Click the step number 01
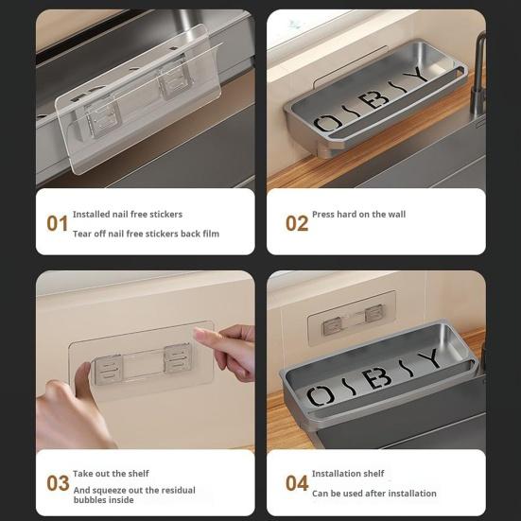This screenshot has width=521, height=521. tap(58, 224)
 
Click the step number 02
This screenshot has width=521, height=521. tap(297, 224)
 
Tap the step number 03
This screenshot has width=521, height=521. tap(58, 484)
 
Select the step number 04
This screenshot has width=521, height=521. tap(297, 484)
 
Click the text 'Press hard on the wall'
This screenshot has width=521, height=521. tap(358, 215)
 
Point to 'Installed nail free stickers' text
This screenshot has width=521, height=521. tap(128, 215)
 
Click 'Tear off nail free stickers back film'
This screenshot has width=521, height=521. tap(146, 234)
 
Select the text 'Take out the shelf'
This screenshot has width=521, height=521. tap(111, 474)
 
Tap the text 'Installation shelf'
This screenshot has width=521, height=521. tap(348, 474)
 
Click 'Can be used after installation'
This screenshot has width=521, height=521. tap(373, 494)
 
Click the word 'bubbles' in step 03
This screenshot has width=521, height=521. tap(91, 500)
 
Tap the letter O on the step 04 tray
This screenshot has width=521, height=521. tap(321, 396)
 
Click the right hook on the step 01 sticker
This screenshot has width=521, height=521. tap(175, 82)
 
